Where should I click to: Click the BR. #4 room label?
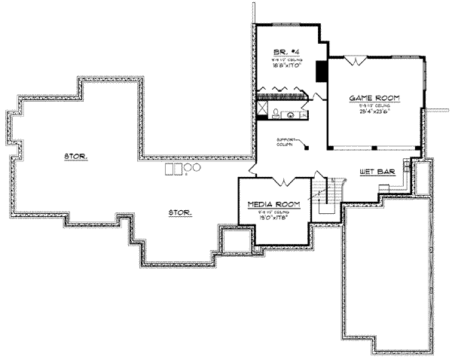[x=285, y=52]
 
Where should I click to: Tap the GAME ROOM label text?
[x=374, y=98]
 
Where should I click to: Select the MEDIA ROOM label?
[x=274, y=204]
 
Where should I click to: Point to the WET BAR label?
[x=373, y=171]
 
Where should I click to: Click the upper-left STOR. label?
[x=76, y=157]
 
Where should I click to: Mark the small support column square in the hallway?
[x=307, y=148]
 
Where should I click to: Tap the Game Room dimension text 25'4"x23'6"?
[x=374, y=113]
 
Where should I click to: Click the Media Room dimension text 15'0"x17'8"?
[x=274, y=219]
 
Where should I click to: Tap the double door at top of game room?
[x=361, y=60]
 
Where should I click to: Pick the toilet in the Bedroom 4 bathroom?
[x=276, y=114]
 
